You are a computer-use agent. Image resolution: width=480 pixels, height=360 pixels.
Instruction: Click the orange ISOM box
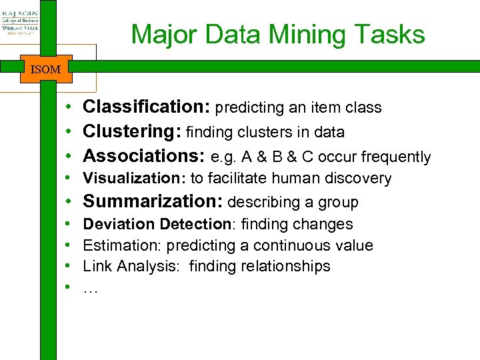point(46,68)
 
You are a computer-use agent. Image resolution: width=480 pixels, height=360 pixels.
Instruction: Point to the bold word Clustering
point(132,132)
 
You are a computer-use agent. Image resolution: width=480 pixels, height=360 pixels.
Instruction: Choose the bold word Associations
point(143,156)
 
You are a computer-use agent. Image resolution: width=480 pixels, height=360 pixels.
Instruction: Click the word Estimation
point(121,245)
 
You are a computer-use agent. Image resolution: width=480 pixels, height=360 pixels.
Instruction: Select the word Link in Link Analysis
point(96,266)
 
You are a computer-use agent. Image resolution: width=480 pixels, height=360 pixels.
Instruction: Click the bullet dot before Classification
point(69,107)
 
